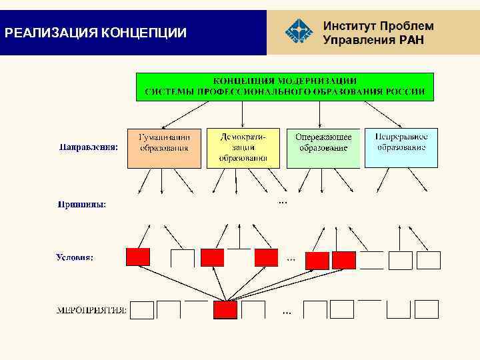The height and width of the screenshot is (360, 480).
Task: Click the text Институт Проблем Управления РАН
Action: [378, 33]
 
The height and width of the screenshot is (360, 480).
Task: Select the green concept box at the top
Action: [285, 86]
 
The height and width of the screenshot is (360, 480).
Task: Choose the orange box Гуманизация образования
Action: [164, 147]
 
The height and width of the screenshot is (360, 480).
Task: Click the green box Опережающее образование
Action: [323, 147]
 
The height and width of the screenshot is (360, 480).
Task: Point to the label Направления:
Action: [88, 147]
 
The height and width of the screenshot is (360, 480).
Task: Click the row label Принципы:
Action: [81, 205]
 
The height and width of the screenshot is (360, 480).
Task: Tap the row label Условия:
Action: [74, 257]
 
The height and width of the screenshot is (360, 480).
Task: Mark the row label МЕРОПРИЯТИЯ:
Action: [93, 310]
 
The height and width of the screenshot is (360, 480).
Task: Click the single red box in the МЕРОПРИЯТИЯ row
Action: [225, 310]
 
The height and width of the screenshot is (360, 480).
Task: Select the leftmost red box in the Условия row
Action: [138, 257]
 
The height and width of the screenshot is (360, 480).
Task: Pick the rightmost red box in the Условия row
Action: [344, 260]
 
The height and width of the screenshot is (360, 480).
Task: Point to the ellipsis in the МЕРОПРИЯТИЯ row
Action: [287, 311]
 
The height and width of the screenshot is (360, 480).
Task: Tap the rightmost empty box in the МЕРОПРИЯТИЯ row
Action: [427, 309]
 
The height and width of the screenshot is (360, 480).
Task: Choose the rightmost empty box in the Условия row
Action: [429, 260]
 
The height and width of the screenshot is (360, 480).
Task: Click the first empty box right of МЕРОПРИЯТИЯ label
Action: [142, 310]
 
